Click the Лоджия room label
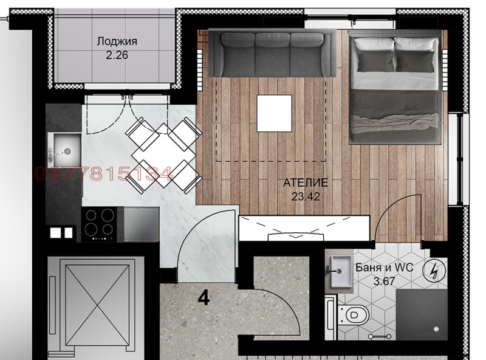point(117,41)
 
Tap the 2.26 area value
point(117,55)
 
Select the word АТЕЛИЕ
point(306,182)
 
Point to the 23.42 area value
point(306,196)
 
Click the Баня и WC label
point(385,267)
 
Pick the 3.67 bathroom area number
point(385,281)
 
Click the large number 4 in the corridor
point(204,298)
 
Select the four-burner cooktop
point(100,224)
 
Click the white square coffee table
point(275,113)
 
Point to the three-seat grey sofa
point(272,53)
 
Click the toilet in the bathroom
point(354,315)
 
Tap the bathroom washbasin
point(341,271)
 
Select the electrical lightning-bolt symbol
point(434,271)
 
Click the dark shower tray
point(422,314)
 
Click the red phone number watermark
point(103,174)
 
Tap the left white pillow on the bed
point(375,44)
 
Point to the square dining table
point(163,155)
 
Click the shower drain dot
point(436,329)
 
